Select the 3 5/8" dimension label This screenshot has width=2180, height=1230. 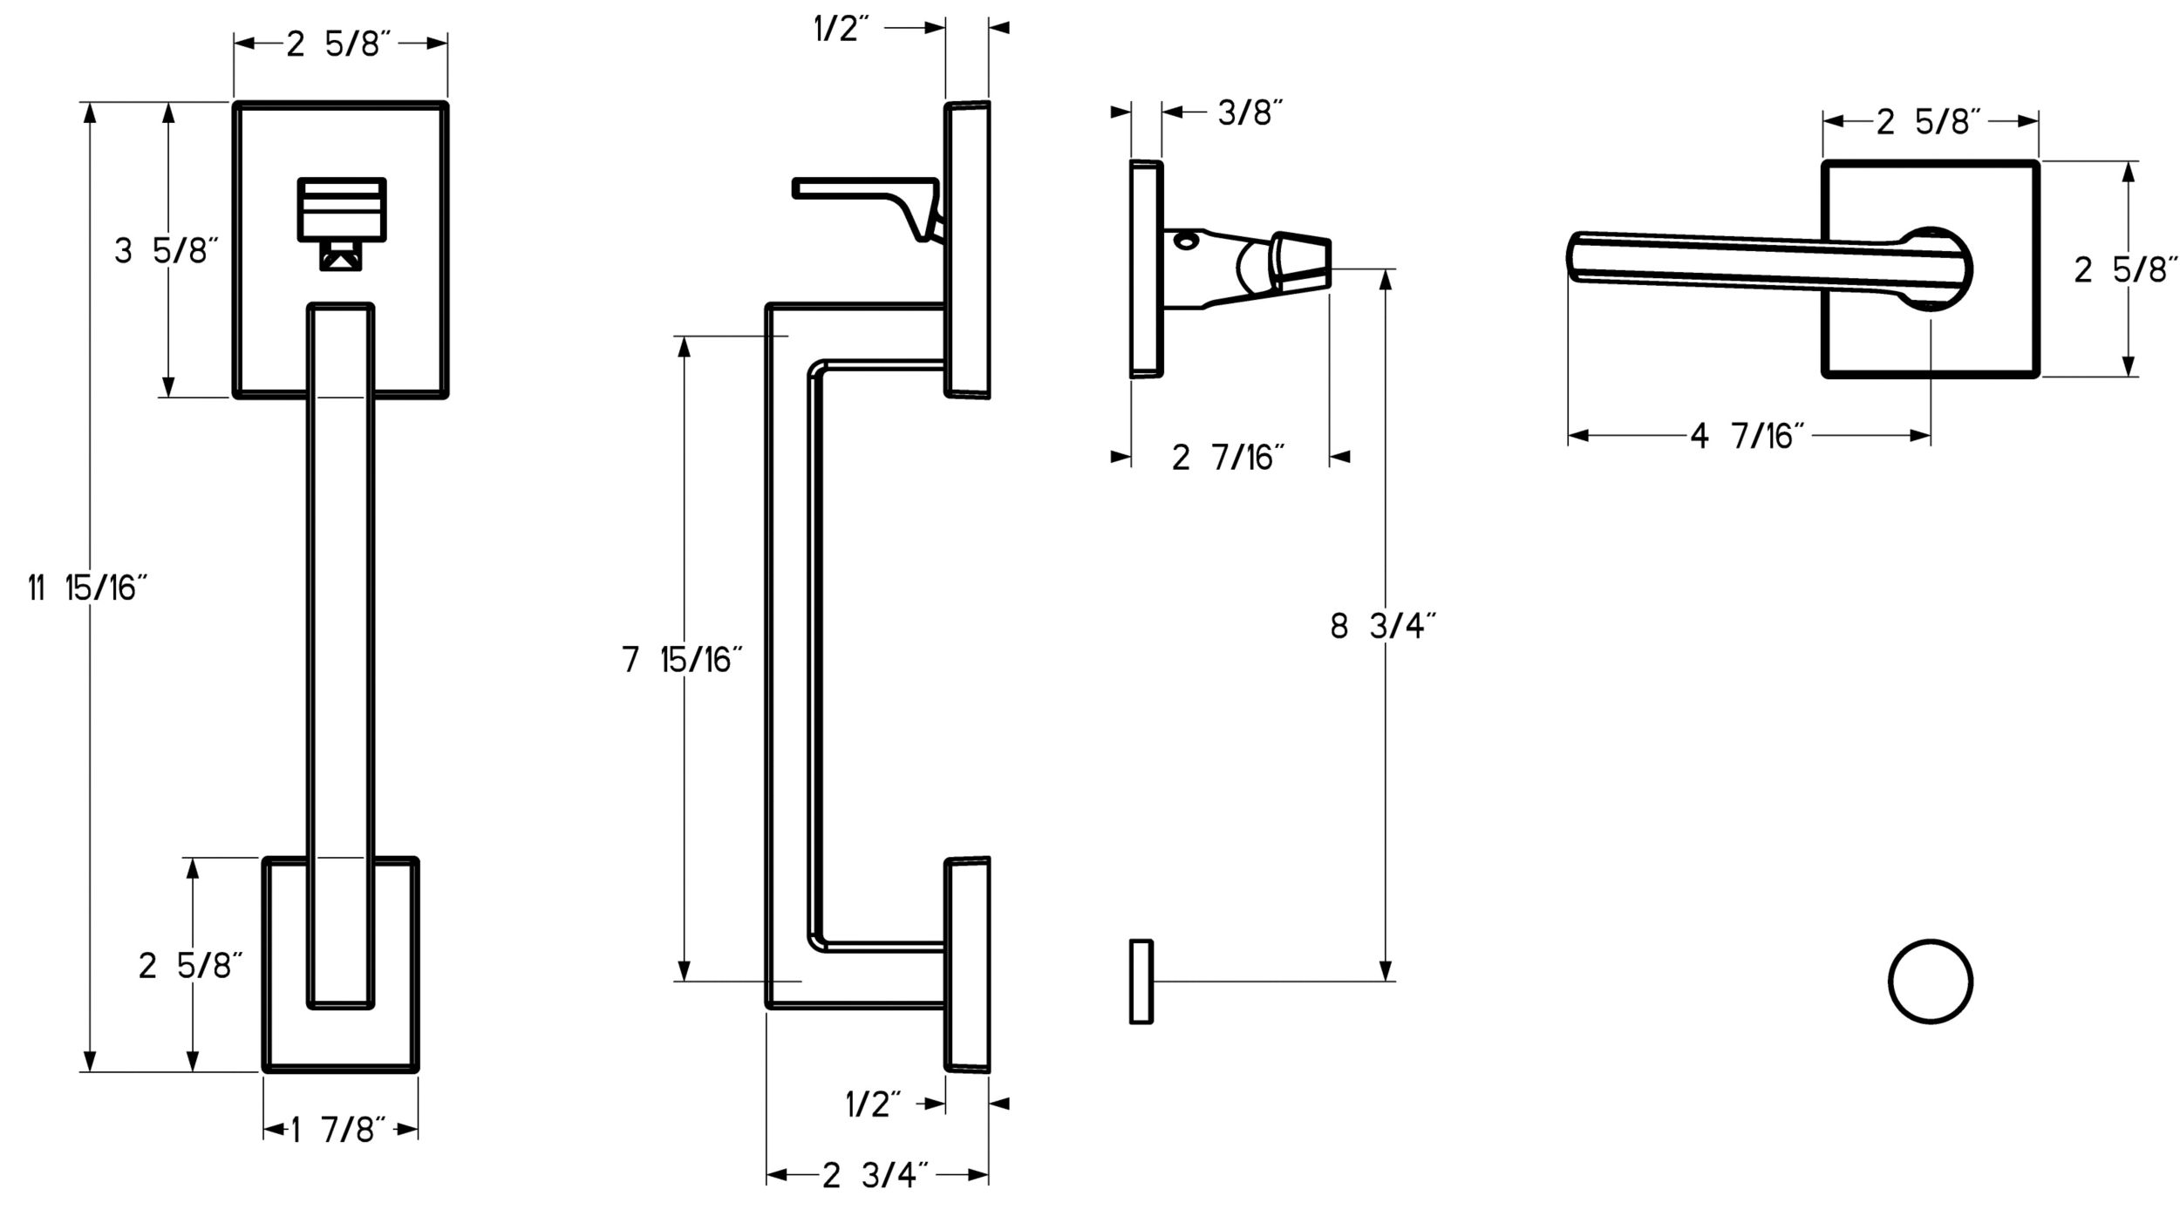coord(166,251)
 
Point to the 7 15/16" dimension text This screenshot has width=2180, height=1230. coord(682,659)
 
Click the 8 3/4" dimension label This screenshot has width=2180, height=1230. coord(1383,626)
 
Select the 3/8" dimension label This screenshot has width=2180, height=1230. coord(1250,112)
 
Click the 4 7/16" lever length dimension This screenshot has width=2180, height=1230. coord(1746,435)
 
